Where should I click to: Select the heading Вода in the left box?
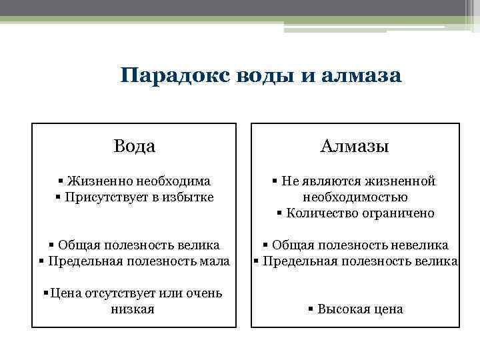pos(134,146)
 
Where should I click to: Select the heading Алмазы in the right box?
pos(355,146)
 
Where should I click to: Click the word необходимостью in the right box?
pos(355,197)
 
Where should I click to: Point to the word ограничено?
pos(396,213)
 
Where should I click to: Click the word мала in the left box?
pos(215,261)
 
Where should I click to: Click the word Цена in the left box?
pos(65,293)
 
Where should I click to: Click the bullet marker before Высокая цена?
pos(311,309)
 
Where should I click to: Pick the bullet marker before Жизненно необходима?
pos(61,181)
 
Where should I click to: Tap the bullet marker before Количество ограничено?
pos(280,213)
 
